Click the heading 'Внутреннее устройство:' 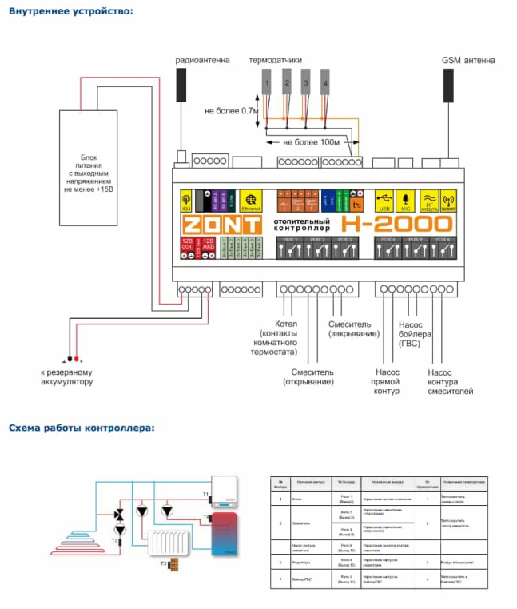(71, 10)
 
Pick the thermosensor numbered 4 (324, 81)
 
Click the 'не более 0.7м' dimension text (232, 110)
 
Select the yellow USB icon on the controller (384, 199)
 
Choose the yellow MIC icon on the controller (404, 199)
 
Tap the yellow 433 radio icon (186, 199)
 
